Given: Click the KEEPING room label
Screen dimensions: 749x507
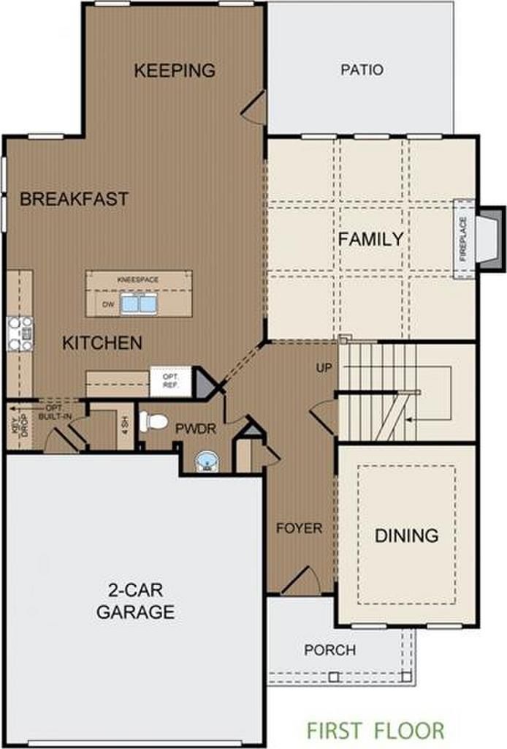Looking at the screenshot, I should point(175,70).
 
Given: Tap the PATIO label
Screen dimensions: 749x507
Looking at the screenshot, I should point(362,70).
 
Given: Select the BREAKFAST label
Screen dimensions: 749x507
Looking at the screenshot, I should point(74,199).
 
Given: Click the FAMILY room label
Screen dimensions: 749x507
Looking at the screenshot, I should point(370,238).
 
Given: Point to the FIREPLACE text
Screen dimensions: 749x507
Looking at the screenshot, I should point(462,238).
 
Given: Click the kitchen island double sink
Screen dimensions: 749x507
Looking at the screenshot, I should point(139,304).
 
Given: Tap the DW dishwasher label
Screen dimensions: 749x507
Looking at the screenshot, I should point(107,304).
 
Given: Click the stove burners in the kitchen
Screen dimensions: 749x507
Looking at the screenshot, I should point(20,333).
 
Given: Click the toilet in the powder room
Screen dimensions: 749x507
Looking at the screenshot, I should point(156,421).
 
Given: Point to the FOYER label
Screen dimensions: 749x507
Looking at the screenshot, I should point(299,527).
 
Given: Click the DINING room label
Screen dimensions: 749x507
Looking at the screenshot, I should point(406,535).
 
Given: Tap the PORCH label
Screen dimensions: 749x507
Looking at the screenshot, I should point(330,650).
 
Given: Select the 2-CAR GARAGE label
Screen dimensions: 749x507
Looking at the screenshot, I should point(135,601).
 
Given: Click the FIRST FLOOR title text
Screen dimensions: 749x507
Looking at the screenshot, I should point(375,729).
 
